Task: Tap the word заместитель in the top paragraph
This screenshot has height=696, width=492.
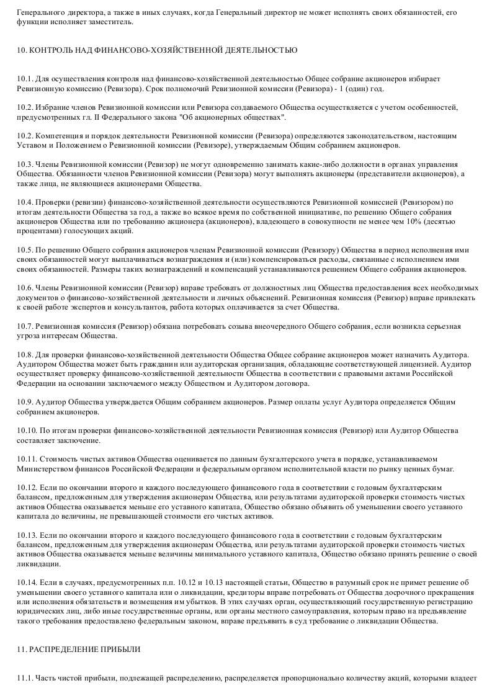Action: tap(110, 22)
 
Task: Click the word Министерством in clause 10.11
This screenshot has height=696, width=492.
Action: tap(45, 469)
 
